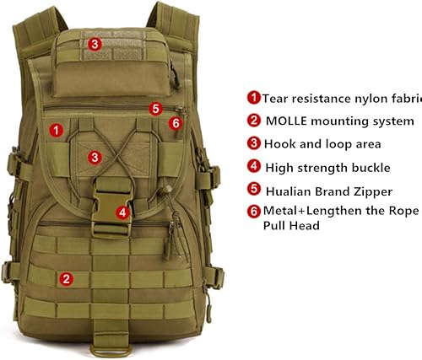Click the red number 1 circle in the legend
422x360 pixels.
[253, 98]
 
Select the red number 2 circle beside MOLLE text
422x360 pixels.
[253, 121]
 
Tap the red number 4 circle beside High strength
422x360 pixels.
[253, 166]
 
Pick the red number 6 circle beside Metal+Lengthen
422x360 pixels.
[253, 211]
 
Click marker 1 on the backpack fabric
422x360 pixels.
[56, 130]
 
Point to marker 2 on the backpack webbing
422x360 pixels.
[66, 277]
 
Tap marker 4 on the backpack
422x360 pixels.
[123, 212]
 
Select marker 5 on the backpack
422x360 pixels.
[155, 108]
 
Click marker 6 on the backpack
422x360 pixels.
[176, 123]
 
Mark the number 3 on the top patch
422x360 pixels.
[95, 43]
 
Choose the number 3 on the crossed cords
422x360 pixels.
[96, 157]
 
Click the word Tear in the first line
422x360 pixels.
[275, 98]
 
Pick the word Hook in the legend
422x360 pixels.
[280, 143]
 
